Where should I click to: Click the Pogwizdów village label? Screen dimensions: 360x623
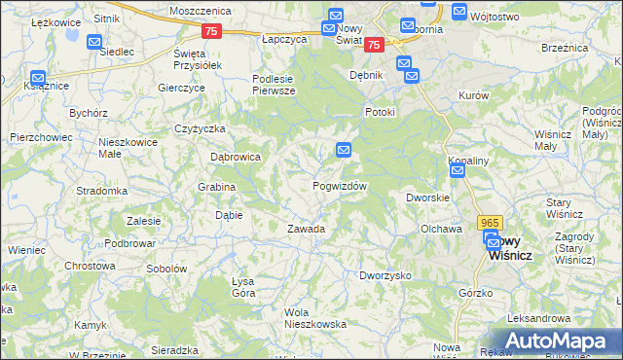[340, 186]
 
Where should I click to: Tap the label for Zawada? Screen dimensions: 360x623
[306, 230]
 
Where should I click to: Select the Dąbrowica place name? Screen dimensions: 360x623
[236, 156]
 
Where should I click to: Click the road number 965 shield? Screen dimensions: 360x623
[491, 222]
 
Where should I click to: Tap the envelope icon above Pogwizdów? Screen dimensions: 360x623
[344, 150]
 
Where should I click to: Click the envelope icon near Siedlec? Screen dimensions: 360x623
[94, 42]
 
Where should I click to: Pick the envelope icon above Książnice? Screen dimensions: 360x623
[37, 77]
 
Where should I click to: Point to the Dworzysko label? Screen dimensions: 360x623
[385, 275]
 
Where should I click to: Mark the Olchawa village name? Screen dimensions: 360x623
[440, 229]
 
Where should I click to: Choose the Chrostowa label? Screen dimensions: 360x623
[90, 265]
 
